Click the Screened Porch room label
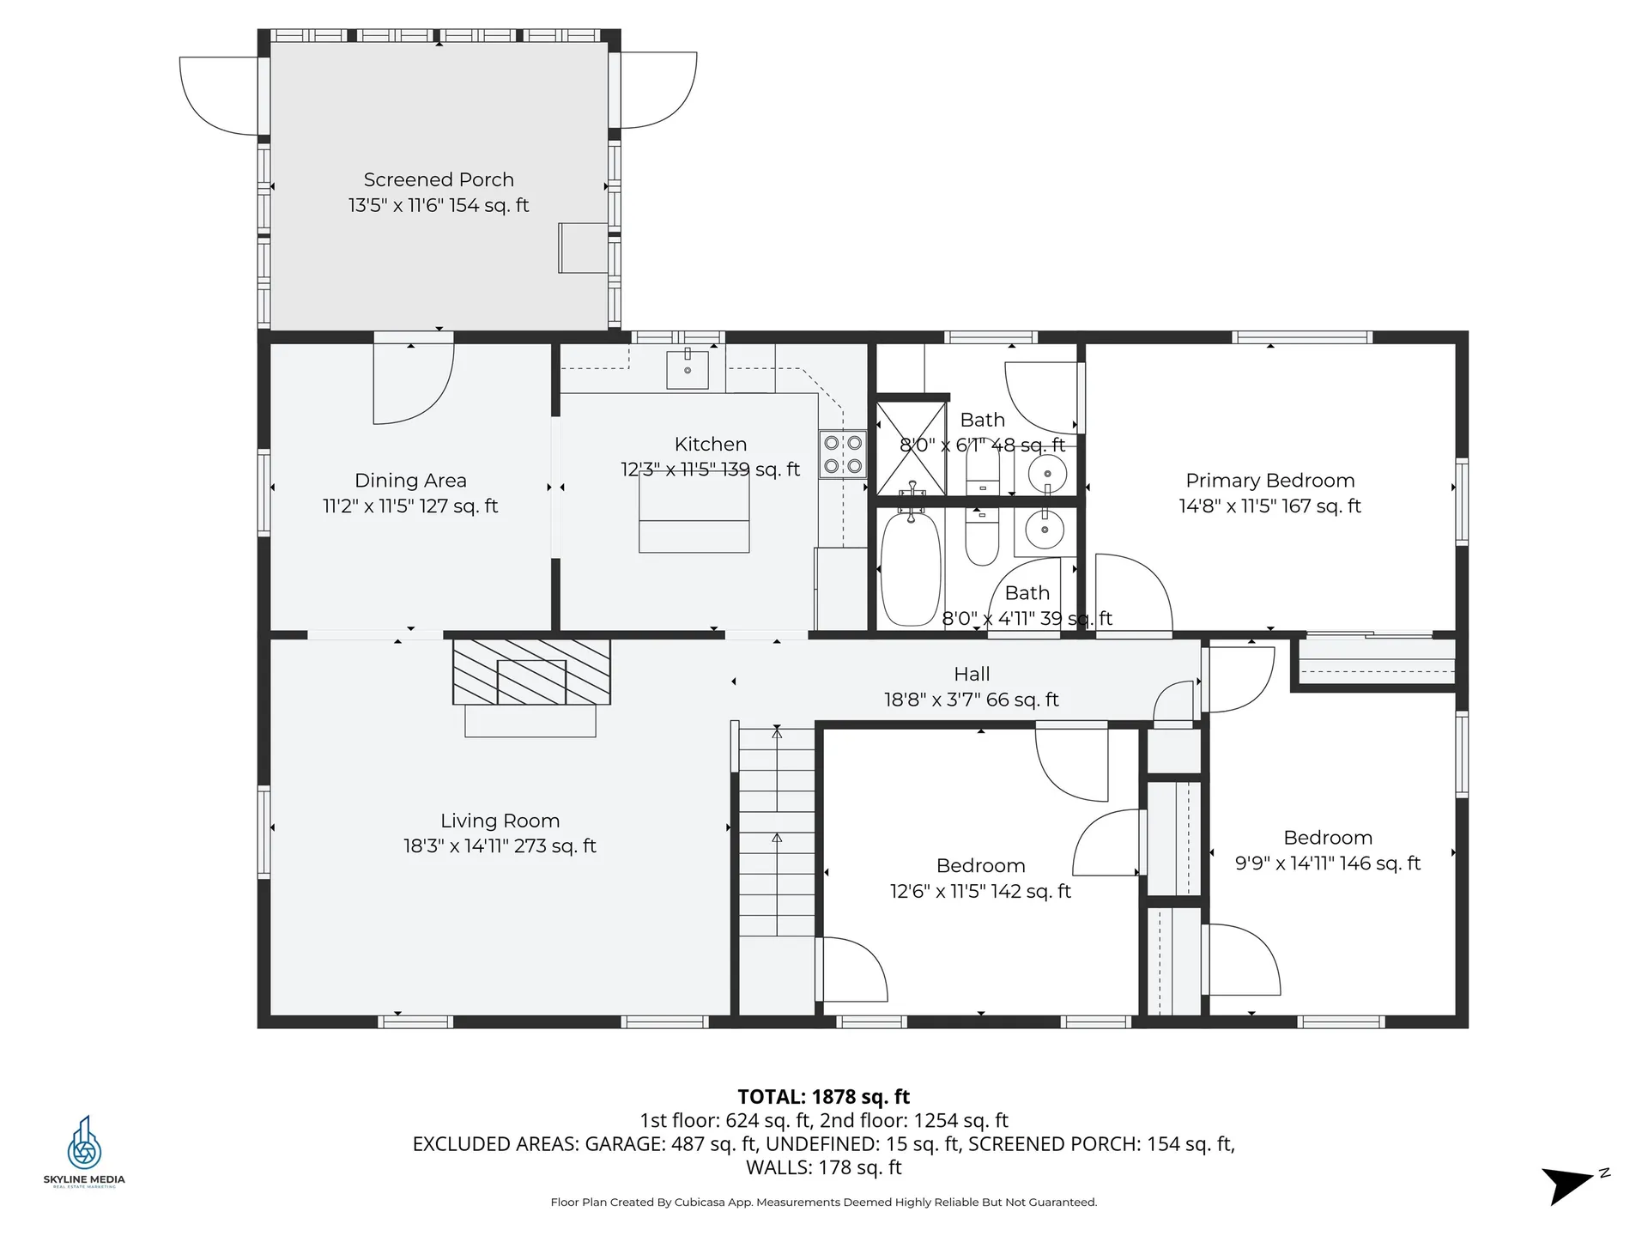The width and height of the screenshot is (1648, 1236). (439, 180)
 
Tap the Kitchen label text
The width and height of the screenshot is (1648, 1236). (711, 445)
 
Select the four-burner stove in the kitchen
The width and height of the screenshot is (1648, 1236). (843, 454)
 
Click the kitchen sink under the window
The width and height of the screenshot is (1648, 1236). (688, 369)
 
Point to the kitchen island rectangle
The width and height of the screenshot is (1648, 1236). (694, 511)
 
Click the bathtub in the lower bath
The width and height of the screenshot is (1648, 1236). (911, 567)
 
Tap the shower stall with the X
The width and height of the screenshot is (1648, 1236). (911, 448)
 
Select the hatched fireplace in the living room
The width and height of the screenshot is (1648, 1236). (531, 671)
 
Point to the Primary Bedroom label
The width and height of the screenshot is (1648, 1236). (1270, 481)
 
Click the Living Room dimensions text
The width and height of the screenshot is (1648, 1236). (500, 846)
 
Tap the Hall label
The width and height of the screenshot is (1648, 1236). (972, 675)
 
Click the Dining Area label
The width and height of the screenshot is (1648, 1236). (410, 481)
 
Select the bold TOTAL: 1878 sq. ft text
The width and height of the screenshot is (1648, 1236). (824, 1097)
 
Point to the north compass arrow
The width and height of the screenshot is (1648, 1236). (1568, 1185)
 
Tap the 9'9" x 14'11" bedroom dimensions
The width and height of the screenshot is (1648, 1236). (1328, 863)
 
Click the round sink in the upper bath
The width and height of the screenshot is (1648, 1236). (1047, 473)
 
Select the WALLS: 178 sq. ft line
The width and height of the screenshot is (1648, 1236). (824, 1167)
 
